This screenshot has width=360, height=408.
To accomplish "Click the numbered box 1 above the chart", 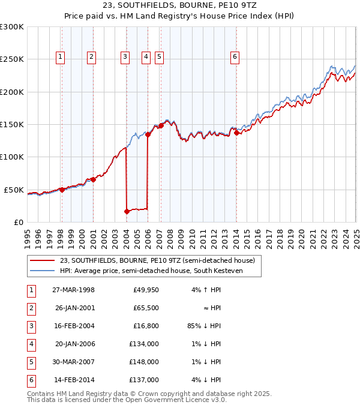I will [x=61, y=57].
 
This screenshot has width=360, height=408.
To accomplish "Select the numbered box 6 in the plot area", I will [x=235, y=57].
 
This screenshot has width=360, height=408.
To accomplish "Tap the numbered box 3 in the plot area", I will [x=125, y=57].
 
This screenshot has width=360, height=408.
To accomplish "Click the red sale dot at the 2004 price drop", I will [x=127, y=211].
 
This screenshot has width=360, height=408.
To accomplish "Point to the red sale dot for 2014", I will [x=236, y=133].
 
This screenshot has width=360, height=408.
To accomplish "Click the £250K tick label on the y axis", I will [x=12, y=59].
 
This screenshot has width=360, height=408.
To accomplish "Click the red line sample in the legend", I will [x=41, y=261].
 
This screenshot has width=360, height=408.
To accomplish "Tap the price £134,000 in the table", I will [x=144, y=344].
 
